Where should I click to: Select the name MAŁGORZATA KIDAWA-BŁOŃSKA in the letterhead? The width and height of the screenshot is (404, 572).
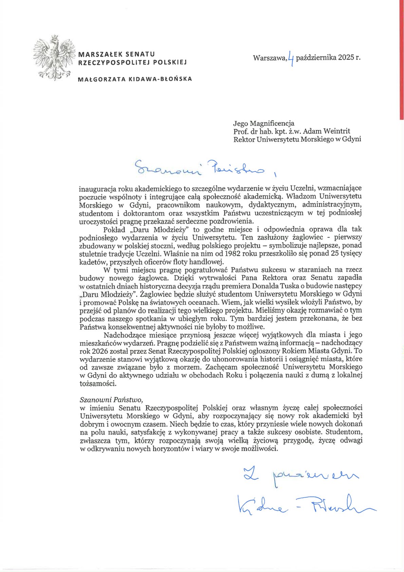(135, 79)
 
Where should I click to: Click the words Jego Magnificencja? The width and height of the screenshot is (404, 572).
(263, 123)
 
